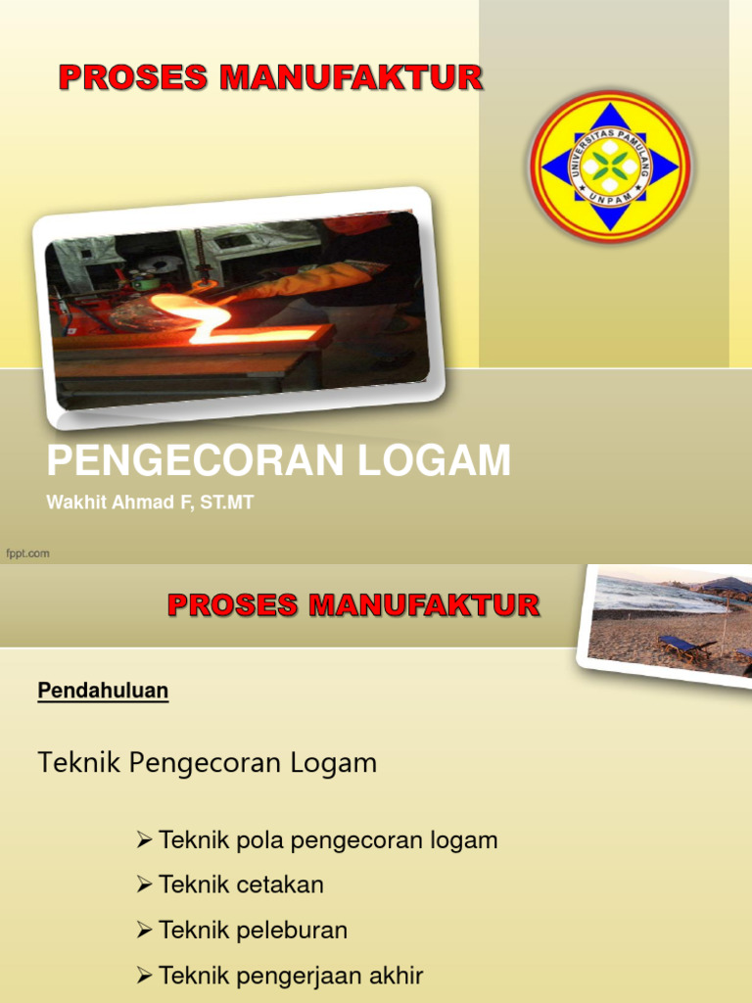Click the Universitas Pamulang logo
[x=610, y=166]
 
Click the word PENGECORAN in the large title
[x=197, y=460]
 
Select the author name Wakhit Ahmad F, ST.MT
[x=150, y=503]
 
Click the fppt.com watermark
[x=28, y=553]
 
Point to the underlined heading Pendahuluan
[x=103, y=691]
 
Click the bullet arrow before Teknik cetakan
[x=144, y=885]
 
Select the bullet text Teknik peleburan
[x=253, y=931]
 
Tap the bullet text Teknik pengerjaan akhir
[x=291, y=976]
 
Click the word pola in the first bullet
[x=261, y=840]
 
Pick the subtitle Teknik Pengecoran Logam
[x=207, y=763]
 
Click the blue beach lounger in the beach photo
[x=684, y=645]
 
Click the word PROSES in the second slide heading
[x=233, y=604]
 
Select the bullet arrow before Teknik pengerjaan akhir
[x=144, y=976]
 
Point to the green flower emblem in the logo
[x=610, y=165]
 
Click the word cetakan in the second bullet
[x=280, y=885]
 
